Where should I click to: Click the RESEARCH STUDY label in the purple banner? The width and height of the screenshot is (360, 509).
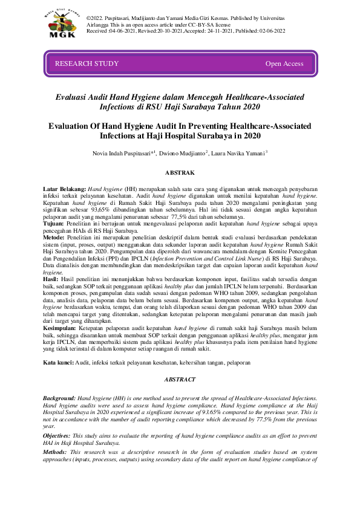pos(87,63)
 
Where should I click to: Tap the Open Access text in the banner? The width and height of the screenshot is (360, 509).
pos(284,63)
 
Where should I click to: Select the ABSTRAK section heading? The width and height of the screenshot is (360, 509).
pos(180,173)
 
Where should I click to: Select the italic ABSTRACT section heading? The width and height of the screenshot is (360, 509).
pos(180,379)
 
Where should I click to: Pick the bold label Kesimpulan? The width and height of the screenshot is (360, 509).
pos(62,328)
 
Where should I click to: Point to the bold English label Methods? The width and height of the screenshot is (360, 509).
pos(55,452)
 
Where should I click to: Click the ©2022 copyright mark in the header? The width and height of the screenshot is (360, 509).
pos(96,19)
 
